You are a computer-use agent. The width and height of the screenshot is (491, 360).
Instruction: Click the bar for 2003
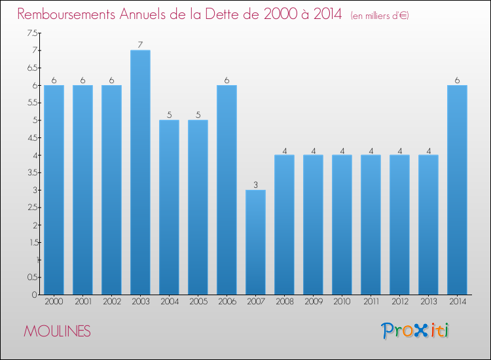[140, 172]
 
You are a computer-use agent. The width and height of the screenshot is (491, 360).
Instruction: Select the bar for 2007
[255, 242]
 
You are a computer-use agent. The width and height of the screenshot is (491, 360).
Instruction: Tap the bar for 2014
[457, 190]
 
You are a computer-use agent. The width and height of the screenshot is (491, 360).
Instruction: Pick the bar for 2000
[54, 190]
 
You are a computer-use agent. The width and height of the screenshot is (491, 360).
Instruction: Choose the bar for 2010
[342, 225]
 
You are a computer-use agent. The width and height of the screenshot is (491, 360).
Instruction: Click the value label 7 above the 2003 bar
[140, 45]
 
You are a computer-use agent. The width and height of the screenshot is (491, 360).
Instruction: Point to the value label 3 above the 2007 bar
[255, 185]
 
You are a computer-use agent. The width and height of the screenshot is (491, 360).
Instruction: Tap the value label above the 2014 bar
[457, 80]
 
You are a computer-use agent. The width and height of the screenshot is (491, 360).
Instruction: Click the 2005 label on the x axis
[198, 302]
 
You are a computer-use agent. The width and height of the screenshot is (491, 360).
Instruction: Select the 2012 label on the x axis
[399, 302]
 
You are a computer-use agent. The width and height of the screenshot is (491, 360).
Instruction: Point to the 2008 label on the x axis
[284, 302]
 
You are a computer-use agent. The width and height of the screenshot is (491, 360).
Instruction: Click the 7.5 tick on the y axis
[32, 33]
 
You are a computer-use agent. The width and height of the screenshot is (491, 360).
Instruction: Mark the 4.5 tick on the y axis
[32, 137]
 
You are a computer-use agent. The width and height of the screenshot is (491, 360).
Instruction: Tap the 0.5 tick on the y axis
[32, 277]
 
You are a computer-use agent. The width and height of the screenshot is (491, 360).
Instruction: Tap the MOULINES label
[57, 331]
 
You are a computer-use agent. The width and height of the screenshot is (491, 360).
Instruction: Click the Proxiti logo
[416, 331]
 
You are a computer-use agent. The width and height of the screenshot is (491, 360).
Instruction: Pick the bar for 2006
[227, 190]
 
